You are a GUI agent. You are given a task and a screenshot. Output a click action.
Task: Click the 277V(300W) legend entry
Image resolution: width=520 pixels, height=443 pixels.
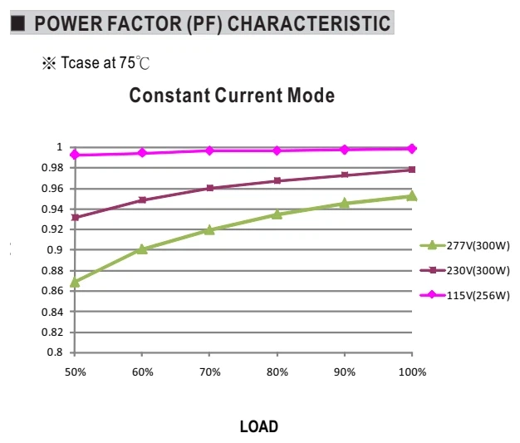[x=464, y=245]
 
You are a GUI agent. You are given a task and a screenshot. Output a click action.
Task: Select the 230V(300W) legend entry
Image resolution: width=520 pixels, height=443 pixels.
[x=464, y=270]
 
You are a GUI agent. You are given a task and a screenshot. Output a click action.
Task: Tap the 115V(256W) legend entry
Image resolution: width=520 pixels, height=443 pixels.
[x=464, y=295]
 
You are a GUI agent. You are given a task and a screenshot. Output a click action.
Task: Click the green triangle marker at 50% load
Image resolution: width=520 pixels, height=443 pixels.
[x=75, y=282]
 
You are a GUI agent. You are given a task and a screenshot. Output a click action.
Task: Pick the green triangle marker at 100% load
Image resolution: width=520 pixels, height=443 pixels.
[x=411, y=196]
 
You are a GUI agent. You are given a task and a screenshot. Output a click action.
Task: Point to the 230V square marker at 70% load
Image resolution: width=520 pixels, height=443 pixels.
[x=209, y=188]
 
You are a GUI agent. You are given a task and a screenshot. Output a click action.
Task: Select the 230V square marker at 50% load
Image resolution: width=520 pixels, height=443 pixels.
[x=76, y=218]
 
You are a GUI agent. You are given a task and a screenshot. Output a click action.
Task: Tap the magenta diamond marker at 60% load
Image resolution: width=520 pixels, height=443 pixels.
[x=142, y=153]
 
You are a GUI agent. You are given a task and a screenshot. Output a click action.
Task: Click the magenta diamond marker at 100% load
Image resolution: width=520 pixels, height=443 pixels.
[x=411, y=149]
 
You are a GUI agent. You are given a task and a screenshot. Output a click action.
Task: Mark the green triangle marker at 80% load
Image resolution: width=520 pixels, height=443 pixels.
[x=277, y=214]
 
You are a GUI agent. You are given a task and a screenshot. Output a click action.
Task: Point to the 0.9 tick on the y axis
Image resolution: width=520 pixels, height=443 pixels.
[x=55, y=250]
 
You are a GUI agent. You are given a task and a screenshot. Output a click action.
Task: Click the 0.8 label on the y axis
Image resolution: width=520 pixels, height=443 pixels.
[x=55, y=352]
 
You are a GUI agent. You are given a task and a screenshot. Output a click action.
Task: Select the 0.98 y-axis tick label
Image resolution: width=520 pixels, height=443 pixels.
[x=52, y=168]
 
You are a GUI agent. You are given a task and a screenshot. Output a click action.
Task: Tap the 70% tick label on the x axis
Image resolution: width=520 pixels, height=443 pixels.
[x=210, y=372]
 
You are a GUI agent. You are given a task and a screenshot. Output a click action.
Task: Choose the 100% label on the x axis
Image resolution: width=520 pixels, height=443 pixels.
[x=412, y=372]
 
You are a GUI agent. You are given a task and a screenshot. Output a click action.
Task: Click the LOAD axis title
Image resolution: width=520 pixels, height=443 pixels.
[x=259, y=426]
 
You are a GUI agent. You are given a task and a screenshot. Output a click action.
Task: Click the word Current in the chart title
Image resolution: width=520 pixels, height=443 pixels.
[x=248, y=96]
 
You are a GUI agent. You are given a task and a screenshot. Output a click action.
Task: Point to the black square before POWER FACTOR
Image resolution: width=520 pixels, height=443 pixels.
[x=18, y=23]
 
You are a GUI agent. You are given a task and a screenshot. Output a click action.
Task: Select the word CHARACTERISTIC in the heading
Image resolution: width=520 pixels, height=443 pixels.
[x=309, y=23]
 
